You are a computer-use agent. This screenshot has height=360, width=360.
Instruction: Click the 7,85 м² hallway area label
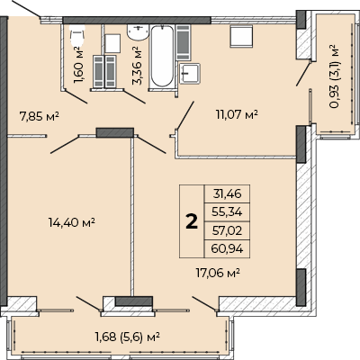click(39, 116)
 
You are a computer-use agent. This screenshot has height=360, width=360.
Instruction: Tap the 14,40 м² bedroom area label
click(72, 222)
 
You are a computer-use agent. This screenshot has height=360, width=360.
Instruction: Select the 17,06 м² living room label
click(218, 273)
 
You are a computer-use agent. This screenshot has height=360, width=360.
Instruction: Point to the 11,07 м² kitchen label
click(237, 114)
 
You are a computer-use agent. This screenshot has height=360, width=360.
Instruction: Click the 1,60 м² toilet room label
click(78, 65)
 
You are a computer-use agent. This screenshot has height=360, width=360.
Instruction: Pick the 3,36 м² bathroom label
click(137, 66)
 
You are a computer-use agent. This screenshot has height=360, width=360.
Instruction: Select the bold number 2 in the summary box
click(192, 222)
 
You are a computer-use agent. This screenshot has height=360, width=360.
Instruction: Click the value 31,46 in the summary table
click(227, 193)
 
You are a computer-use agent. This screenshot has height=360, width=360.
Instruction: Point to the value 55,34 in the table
click(227, 212)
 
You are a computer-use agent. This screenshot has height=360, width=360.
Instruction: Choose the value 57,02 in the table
click(227, 230)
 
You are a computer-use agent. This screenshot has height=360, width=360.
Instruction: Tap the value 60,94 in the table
click(227, 248)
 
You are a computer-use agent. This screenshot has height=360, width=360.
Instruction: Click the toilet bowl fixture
click(77, 35)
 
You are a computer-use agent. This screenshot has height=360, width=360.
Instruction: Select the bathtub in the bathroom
click(162, 57)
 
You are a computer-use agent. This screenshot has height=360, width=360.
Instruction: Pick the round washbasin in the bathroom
click(138, 32)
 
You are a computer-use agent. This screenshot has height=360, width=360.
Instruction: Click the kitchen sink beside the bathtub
click(190, 74)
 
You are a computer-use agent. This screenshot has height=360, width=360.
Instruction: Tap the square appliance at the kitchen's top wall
click(241, 36)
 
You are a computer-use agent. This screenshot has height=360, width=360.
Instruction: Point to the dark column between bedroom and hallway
click(115, 132)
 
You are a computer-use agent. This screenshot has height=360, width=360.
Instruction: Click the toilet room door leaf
click(76, 97)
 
